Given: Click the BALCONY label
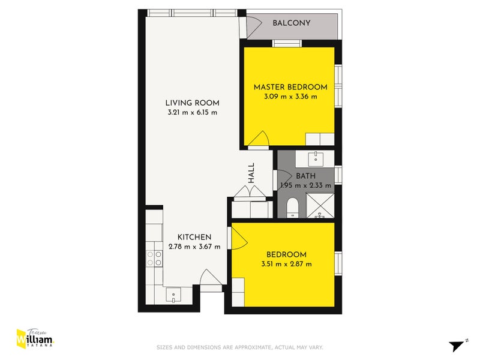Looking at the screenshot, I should pos(291,23).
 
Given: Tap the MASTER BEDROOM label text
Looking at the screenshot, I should pos(290,87).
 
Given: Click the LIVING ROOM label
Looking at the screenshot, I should pos(193,103).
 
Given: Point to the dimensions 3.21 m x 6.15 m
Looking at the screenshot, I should pos(193,112).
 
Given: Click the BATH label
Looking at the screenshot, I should pos(305,176).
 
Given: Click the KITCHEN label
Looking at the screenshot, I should pos(194,237).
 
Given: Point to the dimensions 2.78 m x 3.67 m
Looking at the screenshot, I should pos(194,247).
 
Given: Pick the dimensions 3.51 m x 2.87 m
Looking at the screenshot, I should pos(286,263).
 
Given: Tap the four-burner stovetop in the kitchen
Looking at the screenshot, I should pos(154,259).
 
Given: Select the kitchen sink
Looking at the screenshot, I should pos(174,294).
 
